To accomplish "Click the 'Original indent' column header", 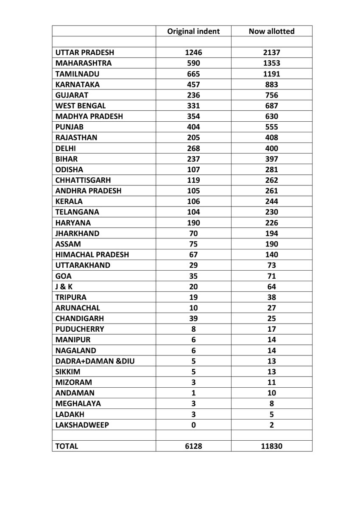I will [193, 31].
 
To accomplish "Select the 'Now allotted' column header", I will [271, 31].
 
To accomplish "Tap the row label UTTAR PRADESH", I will [85, 53].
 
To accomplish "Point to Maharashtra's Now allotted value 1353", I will [271, 63].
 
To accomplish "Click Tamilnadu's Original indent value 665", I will [193, 74].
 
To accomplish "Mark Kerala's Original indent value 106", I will [193, 201].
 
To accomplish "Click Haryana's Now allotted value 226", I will [271, 223].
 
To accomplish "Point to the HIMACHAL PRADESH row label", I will [92, 255].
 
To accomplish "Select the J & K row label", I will [64, 287].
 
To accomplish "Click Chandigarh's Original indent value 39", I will [193, 319].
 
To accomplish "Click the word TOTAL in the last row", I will [67, 446].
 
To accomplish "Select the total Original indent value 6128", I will [193, 446].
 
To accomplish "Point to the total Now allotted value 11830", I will [271, 446].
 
